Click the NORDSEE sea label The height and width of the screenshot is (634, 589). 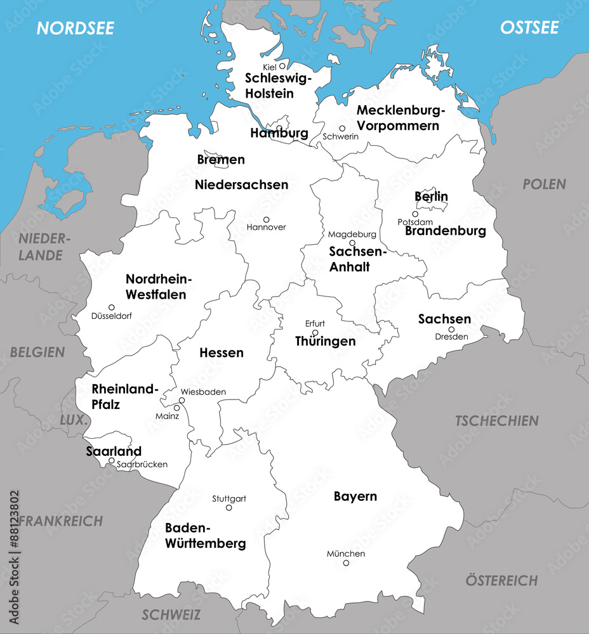pos(76,28)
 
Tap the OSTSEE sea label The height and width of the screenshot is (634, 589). pos(529,28)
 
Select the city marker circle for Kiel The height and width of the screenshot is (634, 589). pos(282,66)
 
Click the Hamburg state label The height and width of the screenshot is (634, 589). pos(279,134)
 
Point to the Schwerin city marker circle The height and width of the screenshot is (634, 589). pos(342,128)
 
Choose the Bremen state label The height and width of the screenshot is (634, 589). pos(221,160)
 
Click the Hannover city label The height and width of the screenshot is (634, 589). pos(266,227)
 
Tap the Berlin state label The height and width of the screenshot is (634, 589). pos(432,197)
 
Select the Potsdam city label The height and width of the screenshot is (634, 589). pos(415,222)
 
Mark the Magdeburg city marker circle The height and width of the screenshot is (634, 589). pos(352,243)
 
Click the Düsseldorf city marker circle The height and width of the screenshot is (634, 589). pos(112,307)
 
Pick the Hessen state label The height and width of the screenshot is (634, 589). pos(222,353)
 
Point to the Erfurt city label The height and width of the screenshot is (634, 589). pos(315,323)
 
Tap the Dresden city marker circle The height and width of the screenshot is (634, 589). pos(451,329)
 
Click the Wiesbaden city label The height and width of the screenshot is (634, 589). pos(203,392)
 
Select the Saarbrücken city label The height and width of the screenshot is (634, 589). pos(142,464)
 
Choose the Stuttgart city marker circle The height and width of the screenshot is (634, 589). pos(229,507)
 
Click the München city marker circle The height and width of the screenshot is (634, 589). pos(346,563)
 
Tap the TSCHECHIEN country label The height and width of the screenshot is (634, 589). pos(497,420)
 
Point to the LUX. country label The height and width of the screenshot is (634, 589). pos(73,420)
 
